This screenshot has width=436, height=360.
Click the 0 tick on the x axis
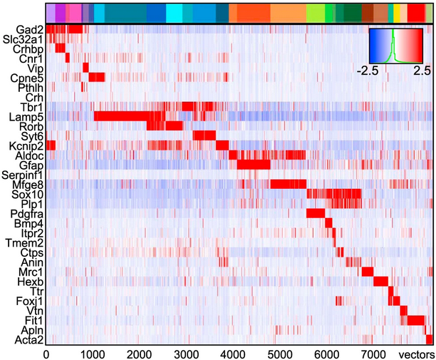(x=46, y=354)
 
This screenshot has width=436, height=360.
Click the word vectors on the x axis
(x=414, y=354)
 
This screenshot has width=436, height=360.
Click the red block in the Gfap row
(x=254, y=165)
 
